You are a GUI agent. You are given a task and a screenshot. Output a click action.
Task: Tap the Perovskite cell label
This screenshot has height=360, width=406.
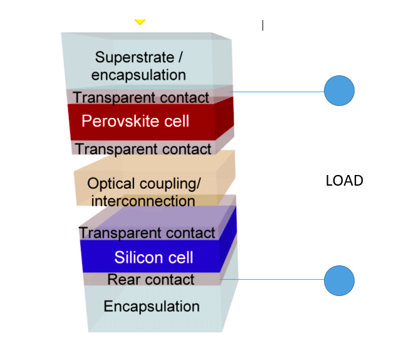135,120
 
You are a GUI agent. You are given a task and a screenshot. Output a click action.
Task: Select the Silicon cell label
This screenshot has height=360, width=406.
154,257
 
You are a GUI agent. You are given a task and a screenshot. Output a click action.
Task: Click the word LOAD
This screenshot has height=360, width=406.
344,181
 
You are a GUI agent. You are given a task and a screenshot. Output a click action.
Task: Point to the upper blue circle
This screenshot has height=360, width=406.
339,92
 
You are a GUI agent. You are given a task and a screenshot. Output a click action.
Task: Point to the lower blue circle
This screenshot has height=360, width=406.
339,280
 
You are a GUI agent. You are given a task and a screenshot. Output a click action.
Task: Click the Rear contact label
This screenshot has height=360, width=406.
151,279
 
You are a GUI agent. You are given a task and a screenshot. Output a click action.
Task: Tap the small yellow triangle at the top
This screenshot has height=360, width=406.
140,22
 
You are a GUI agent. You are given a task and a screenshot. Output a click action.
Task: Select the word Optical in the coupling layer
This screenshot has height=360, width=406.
111,184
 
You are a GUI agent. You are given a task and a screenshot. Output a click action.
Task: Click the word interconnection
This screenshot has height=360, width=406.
143,201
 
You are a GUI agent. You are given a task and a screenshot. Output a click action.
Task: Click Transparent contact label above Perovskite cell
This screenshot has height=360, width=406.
141,97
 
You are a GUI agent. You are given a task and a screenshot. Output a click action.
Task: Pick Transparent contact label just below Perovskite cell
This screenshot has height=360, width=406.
143,149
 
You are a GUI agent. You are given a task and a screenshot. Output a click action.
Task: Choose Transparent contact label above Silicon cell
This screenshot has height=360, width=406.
147,233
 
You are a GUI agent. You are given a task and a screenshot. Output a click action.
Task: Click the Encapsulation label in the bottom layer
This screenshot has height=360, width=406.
152,306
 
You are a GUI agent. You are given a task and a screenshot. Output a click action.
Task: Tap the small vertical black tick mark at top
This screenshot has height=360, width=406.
263,25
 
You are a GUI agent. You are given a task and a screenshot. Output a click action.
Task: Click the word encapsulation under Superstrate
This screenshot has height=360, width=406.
138,75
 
